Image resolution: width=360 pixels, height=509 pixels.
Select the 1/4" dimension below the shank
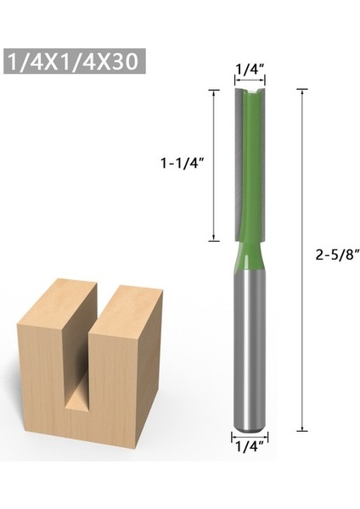(247, 442)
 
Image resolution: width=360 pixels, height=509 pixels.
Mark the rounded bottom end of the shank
(247, 424)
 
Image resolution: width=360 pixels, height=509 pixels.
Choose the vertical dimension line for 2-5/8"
(303, 255)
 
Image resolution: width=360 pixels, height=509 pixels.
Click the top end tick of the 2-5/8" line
(303, 87)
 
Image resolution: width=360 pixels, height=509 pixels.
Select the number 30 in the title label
(127, 61)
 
